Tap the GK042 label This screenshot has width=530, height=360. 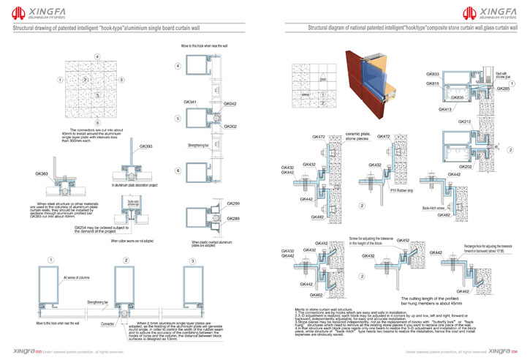pos(230,105)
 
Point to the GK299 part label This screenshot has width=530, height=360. pos(233,203)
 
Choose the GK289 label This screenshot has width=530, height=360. pos(233,219)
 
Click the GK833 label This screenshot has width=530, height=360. pos(433,75)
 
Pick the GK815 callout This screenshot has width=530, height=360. pos(433,83)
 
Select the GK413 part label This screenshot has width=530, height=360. pos(444,109)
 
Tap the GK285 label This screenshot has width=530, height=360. pos(503,89)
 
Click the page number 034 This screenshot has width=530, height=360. pos(514,351)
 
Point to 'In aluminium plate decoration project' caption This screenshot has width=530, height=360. pos(136,187)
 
